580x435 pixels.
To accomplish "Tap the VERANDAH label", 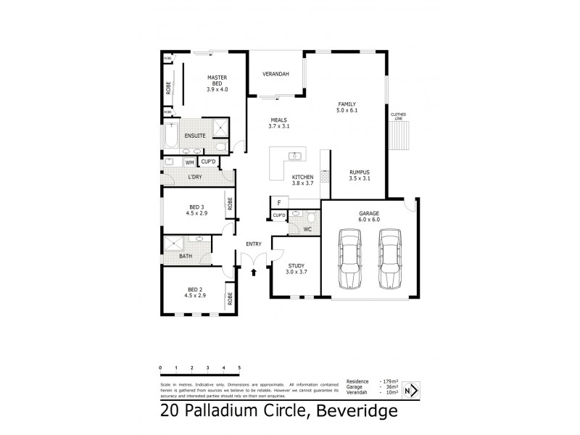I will [275, 75].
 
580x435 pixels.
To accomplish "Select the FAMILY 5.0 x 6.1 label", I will [347, 107].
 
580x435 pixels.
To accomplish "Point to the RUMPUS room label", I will [360, 175].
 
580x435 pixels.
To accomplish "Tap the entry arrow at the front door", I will [254, 273].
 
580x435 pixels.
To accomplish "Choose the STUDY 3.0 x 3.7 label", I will [296, 269].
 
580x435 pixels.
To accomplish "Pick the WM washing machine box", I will [190, 162].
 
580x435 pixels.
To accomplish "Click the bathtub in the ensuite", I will [171, 136].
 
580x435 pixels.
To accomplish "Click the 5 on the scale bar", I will [239, 368].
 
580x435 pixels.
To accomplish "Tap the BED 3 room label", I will [194, 210].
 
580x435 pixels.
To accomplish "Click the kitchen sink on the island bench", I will [295, 156].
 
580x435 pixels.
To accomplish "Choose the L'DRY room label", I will [194, 177].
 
